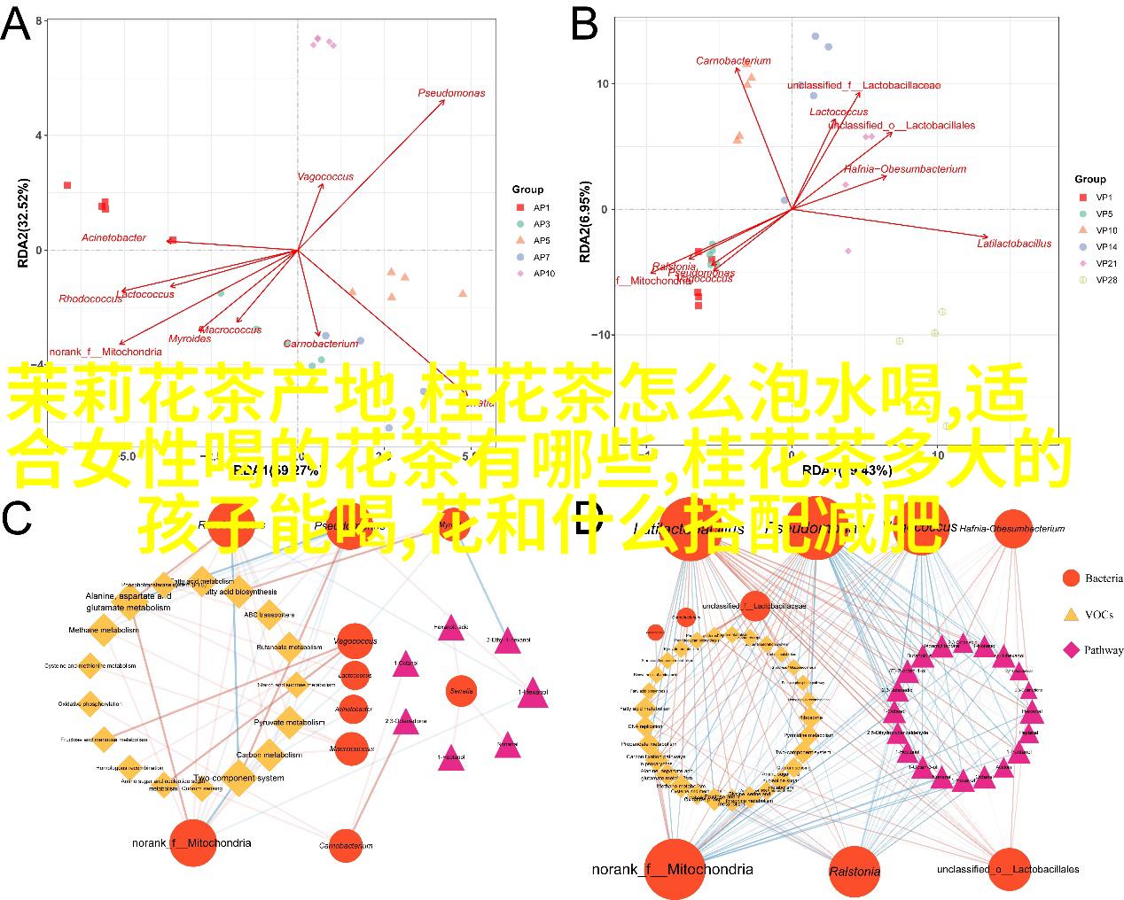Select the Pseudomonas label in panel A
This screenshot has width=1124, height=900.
click(451, 93)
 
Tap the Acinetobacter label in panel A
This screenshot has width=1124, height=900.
click(113, 237)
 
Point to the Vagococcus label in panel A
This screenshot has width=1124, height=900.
click(324, 176)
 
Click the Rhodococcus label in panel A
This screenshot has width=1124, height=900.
click(90, 299)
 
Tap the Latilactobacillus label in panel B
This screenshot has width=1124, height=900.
click(1014, 243)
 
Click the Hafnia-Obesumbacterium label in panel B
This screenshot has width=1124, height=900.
click(904, 169)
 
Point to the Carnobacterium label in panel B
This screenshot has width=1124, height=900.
click(733, 61)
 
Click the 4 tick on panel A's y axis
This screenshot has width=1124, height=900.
click(38, 136)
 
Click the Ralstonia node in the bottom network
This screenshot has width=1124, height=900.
click(855, 871)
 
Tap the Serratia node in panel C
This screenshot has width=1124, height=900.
click(462, 691)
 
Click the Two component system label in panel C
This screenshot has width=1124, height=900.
click(239, 778)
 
